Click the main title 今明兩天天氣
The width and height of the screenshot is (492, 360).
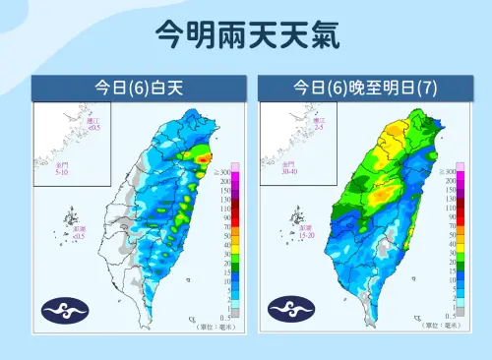coord(246,36)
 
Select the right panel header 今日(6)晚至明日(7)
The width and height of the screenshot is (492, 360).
coord(365,88)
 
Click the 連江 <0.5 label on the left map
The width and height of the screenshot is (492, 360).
coord(93,124)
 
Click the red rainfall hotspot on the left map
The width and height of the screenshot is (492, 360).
coord(204,157)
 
